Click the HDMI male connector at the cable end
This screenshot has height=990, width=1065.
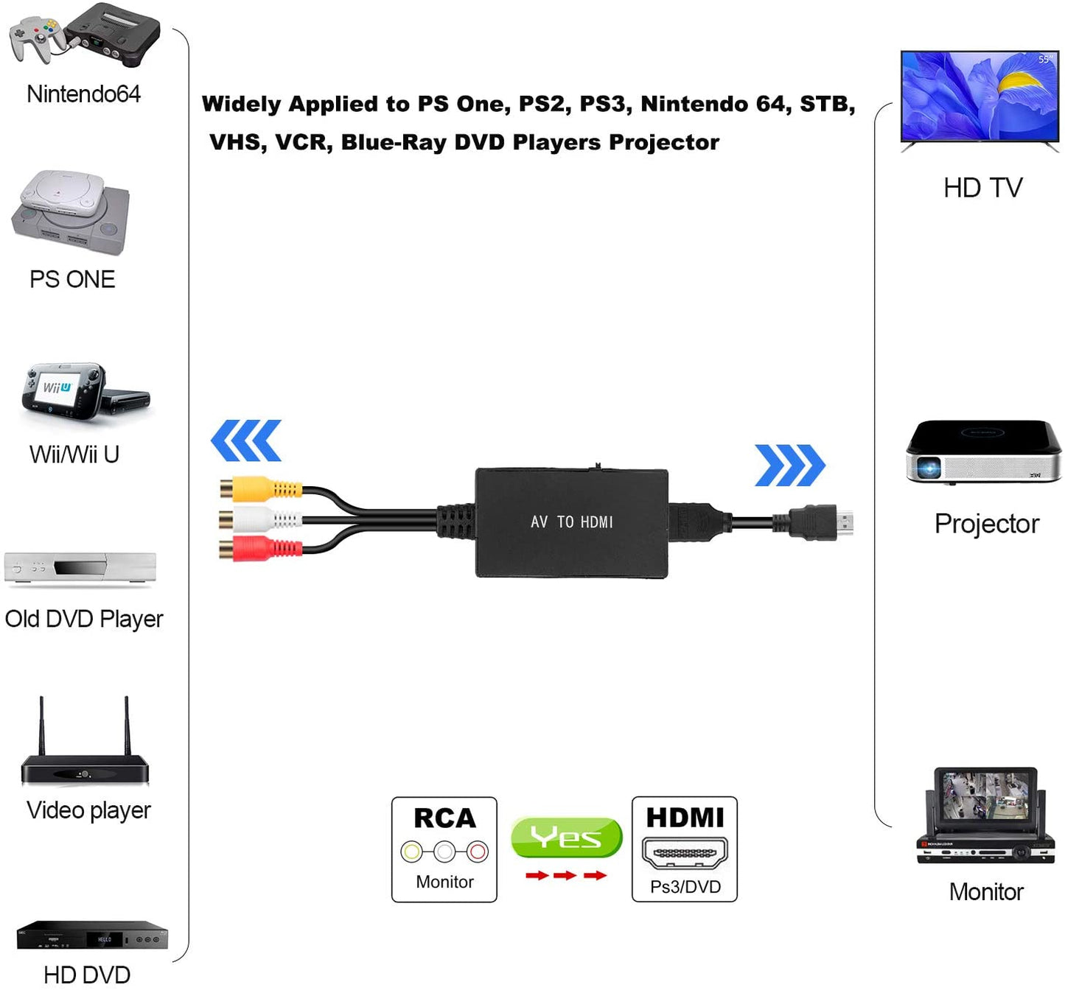tap(818, 522)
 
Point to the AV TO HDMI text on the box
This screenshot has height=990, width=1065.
tap(571, 522)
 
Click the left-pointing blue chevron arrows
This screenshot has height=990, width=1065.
tap(245, 440)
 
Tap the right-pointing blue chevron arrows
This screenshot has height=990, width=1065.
tap(790, 466)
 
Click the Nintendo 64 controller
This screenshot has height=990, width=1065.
tap(35, 37)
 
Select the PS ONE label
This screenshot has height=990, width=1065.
tap(72, 280)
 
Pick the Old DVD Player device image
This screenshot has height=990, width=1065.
tap(80, 569)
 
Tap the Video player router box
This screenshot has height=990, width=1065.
tap(85, 770)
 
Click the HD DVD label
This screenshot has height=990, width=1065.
tap(87, 975)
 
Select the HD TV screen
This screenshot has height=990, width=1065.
tap(980, 96)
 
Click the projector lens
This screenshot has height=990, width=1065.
tap(928, 467)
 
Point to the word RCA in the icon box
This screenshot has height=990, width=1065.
tap(444, 818)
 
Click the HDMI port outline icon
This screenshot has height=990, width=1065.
tap(685, 852)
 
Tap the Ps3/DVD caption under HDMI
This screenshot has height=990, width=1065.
tap(685, 887)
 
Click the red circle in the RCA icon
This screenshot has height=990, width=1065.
tap(478, 852)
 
